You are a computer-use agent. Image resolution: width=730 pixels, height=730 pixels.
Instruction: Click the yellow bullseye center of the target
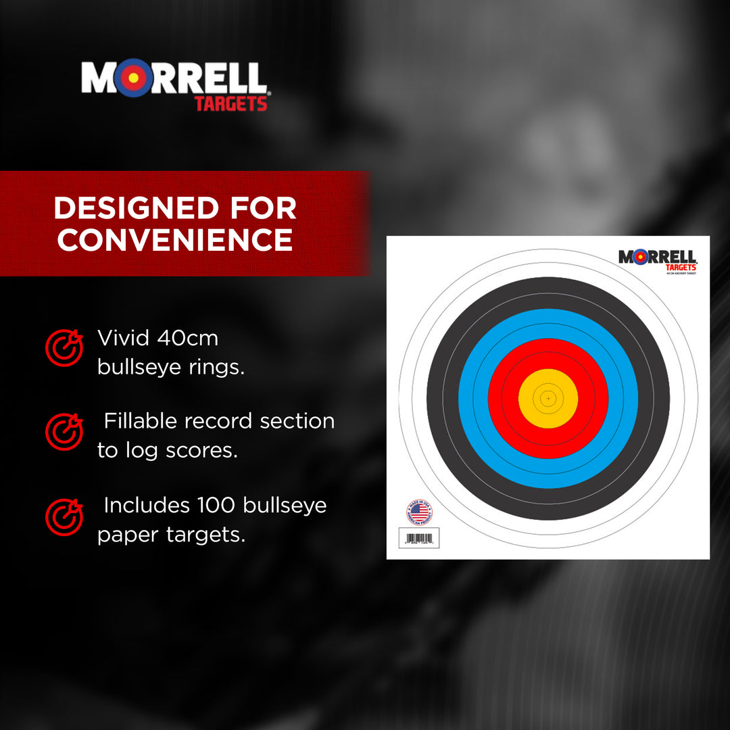(x=548, y=398)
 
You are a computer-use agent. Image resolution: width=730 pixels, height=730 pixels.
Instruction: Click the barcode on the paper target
(x=419, y=539)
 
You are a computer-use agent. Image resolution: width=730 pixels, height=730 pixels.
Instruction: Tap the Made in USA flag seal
(x=420, y=512)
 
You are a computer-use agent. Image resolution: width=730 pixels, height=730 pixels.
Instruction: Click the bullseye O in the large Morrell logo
(x=134, y=78)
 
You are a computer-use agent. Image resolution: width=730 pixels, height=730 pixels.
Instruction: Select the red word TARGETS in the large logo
(x=231, y=104)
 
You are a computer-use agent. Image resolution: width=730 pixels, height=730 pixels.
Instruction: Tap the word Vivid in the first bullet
(x=124, y=337)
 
